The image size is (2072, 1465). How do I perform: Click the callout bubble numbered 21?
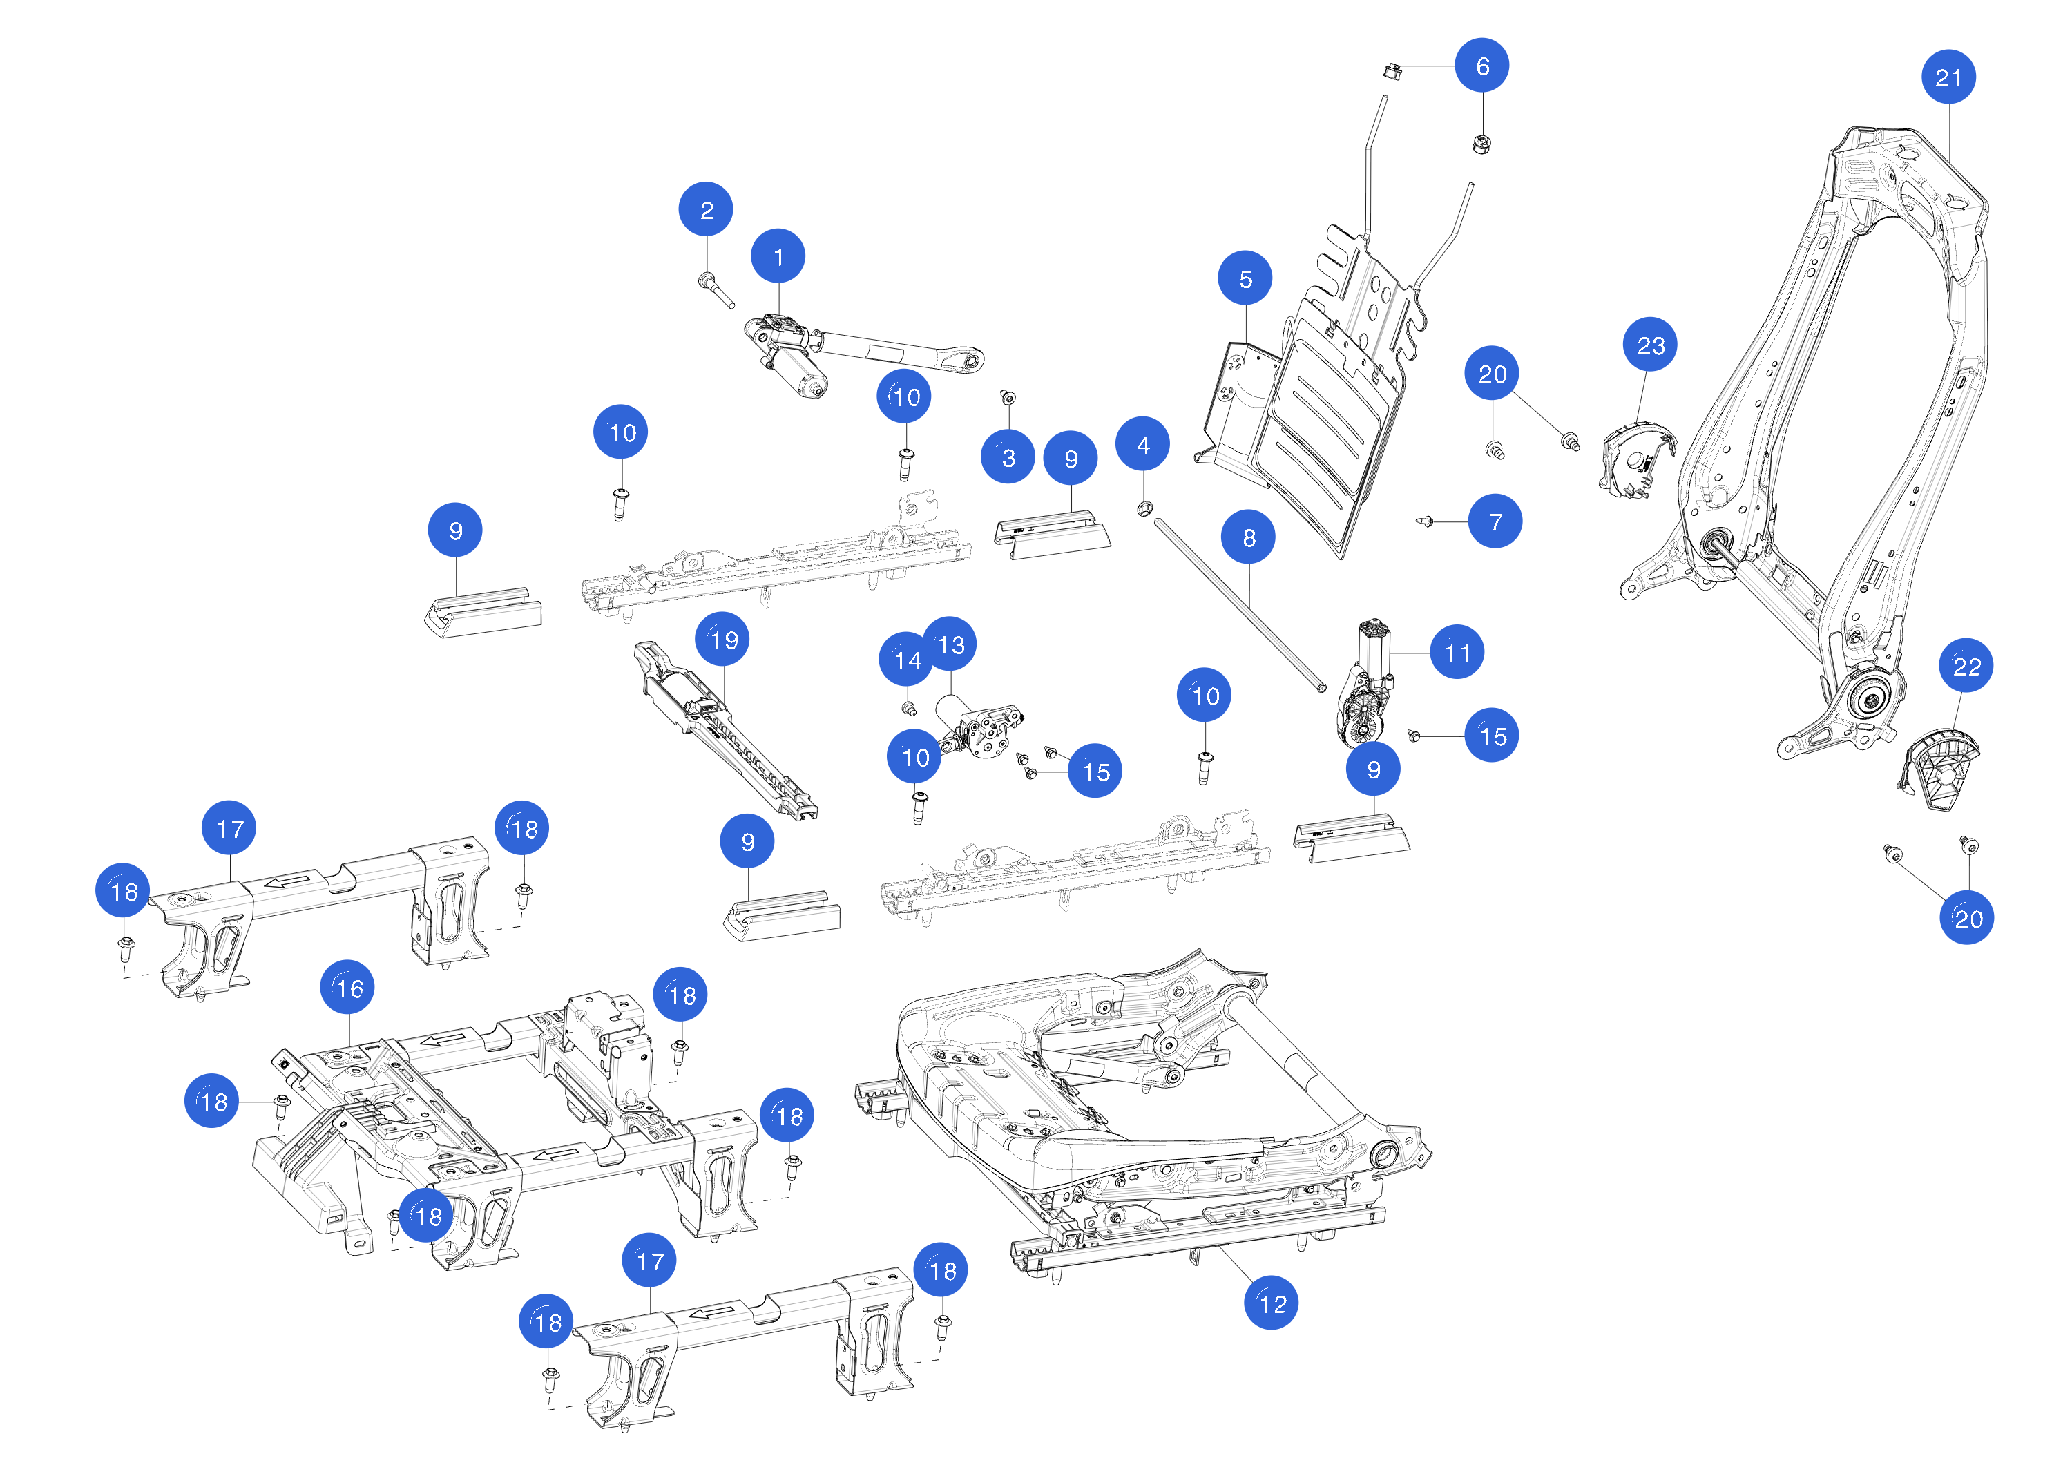pos(1948,77)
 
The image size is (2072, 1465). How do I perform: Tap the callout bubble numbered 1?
pos(778,256)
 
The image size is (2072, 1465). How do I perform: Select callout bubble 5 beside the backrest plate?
pos(1245,279)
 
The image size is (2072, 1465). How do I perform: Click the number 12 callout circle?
pos(1271,1303)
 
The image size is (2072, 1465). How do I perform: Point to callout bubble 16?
pos(347,988)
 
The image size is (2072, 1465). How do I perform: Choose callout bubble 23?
pos(1650,345)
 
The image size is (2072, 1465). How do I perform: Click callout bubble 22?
pos(1966,666)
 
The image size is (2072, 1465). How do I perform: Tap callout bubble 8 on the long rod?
pos(1248,537)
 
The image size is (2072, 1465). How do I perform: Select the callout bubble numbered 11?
pos(1457,652)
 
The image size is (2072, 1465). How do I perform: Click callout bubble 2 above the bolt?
pos(706,209)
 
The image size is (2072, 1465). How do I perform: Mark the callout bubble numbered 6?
pos(1481,66)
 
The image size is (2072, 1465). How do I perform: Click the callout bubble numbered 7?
pos(1495,521)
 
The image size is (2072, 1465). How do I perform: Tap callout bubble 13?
pos(950,644)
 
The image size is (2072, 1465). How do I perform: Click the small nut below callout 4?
pos(1144,508)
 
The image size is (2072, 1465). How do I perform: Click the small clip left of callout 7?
pos(1425,521)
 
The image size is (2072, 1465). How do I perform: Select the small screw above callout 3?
pos(1008,397)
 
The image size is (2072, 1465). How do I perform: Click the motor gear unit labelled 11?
pos(1363,691)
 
